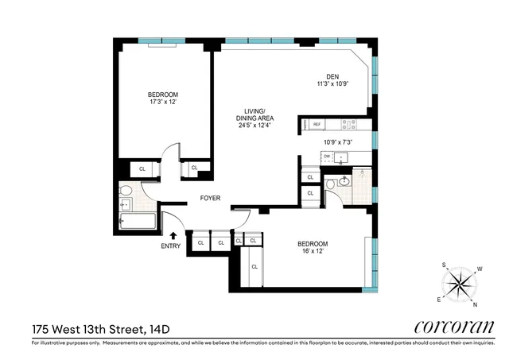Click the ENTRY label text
pos(171,246)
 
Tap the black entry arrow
pos(173,234)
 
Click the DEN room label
pos(332,77)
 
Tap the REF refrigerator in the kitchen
pos(317,125)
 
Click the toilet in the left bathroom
pos(126,192)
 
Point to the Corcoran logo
pos(455,327)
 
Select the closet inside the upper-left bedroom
pos(142,168)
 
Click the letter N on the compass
pos(476,304)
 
